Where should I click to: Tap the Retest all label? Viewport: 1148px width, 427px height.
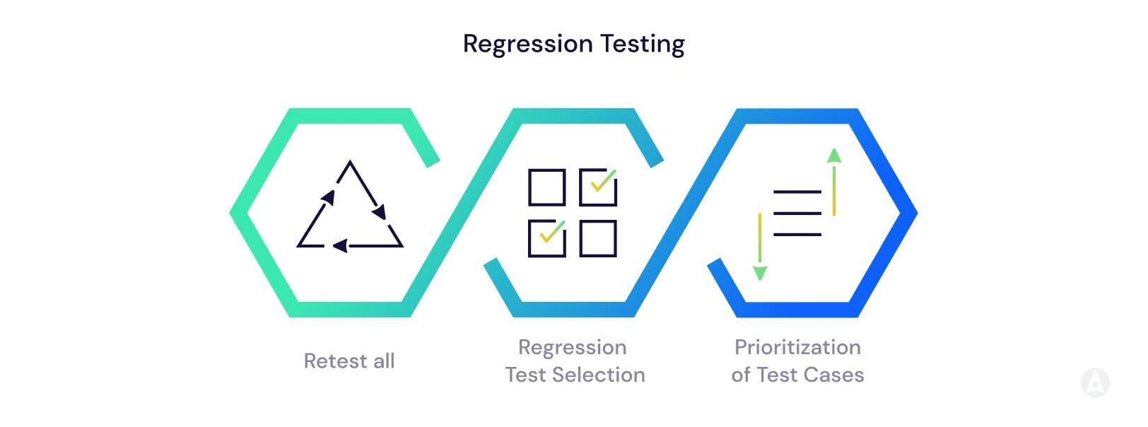coord(349,361)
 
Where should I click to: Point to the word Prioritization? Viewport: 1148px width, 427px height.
coord(797,347)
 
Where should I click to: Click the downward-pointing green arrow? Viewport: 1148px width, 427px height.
coord(760,273)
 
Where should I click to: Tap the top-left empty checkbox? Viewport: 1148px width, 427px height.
coord(547,187)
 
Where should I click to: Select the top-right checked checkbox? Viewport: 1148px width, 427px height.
coord(598,187)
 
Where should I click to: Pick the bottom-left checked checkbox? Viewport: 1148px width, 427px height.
coord(547,238)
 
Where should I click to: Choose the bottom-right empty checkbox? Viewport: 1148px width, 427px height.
coord(598,238)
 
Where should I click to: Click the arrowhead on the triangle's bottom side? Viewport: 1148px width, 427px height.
coord(340,246)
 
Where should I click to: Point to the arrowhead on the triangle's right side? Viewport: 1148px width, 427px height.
coord(380,211)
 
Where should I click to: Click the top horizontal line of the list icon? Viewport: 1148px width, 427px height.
coord(797,192)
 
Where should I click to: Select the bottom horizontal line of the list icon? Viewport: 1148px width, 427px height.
coord(797,234)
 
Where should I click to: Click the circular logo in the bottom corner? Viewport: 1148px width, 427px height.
coord(1095,382)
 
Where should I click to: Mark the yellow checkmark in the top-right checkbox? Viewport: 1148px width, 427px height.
coord(603,181)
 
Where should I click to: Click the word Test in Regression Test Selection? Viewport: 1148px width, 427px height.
coord(526,375)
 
